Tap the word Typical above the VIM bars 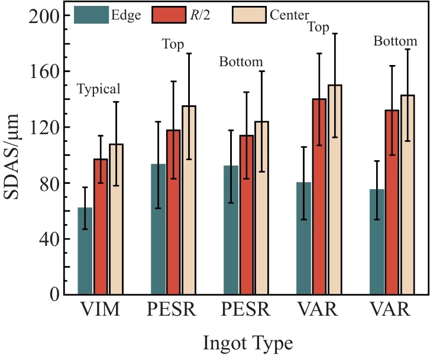[x=99, y=89]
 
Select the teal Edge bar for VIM [x=85, y=251]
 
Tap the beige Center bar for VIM [x=116, y=219]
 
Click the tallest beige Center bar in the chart [x=335, y=189]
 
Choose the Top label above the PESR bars [x=173, y=44]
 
